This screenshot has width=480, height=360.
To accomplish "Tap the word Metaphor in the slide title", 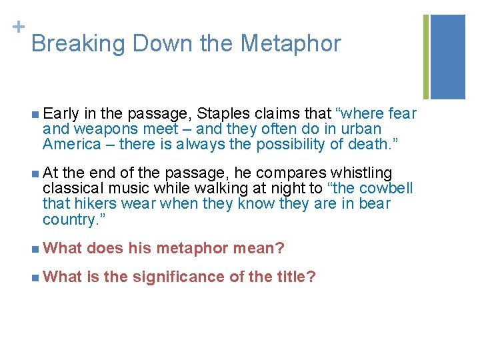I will pyautogui.click(x=291, y=44).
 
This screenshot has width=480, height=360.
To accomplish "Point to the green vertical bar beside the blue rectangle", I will pyautogui.click(x=426, y=57).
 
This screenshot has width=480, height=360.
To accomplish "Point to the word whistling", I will pyautogui.click(x=365, y=173).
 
